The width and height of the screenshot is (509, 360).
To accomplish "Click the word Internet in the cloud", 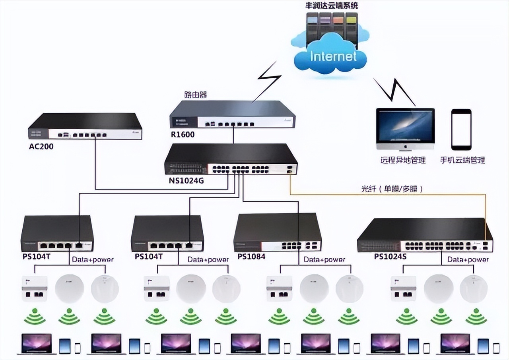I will coord(333,56).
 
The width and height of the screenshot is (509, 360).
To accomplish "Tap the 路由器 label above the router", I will coord(196,95).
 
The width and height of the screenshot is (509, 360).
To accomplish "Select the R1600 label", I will coord(183,135).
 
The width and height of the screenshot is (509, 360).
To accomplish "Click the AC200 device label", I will coord(41,146).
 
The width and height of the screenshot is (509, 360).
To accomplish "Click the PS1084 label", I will coord(251,256).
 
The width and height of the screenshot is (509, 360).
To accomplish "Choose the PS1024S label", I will coord(390,256).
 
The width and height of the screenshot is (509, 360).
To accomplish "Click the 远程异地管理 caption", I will coord(403,160).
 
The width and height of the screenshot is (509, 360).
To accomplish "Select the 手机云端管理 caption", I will coord(462,160).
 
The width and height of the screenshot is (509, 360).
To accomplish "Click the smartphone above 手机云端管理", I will coord(461,129).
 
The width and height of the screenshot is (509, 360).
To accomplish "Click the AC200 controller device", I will coord(85,126).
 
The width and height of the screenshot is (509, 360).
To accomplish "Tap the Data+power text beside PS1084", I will coord(324,259).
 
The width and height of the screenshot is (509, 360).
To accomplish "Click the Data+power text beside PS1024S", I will coord(468,259).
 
